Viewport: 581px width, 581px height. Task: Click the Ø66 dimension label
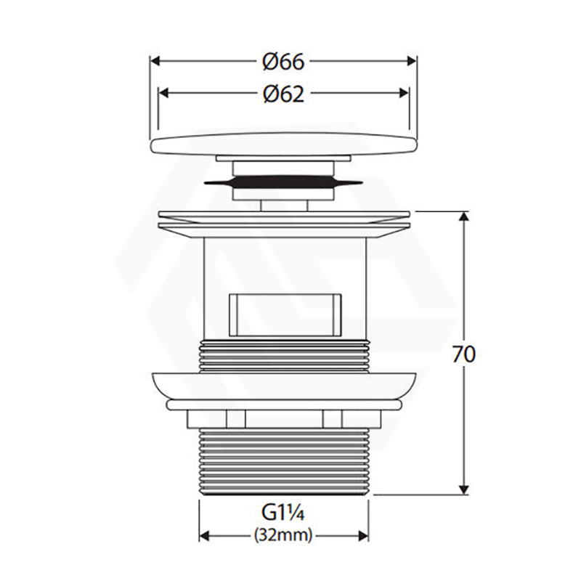283,62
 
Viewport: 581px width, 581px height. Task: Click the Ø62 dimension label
284,94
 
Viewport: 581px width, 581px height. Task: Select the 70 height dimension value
463,354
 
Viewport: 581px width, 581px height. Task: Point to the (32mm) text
283,535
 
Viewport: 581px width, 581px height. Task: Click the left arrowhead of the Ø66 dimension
155,61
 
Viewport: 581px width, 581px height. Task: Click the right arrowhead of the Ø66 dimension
412,61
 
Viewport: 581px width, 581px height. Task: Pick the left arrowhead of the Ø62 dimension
163,93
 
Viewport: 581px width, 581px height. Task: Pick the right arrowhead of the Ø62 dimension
404,93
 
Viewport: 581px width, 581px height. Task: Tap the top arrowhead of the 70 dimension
464,216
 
